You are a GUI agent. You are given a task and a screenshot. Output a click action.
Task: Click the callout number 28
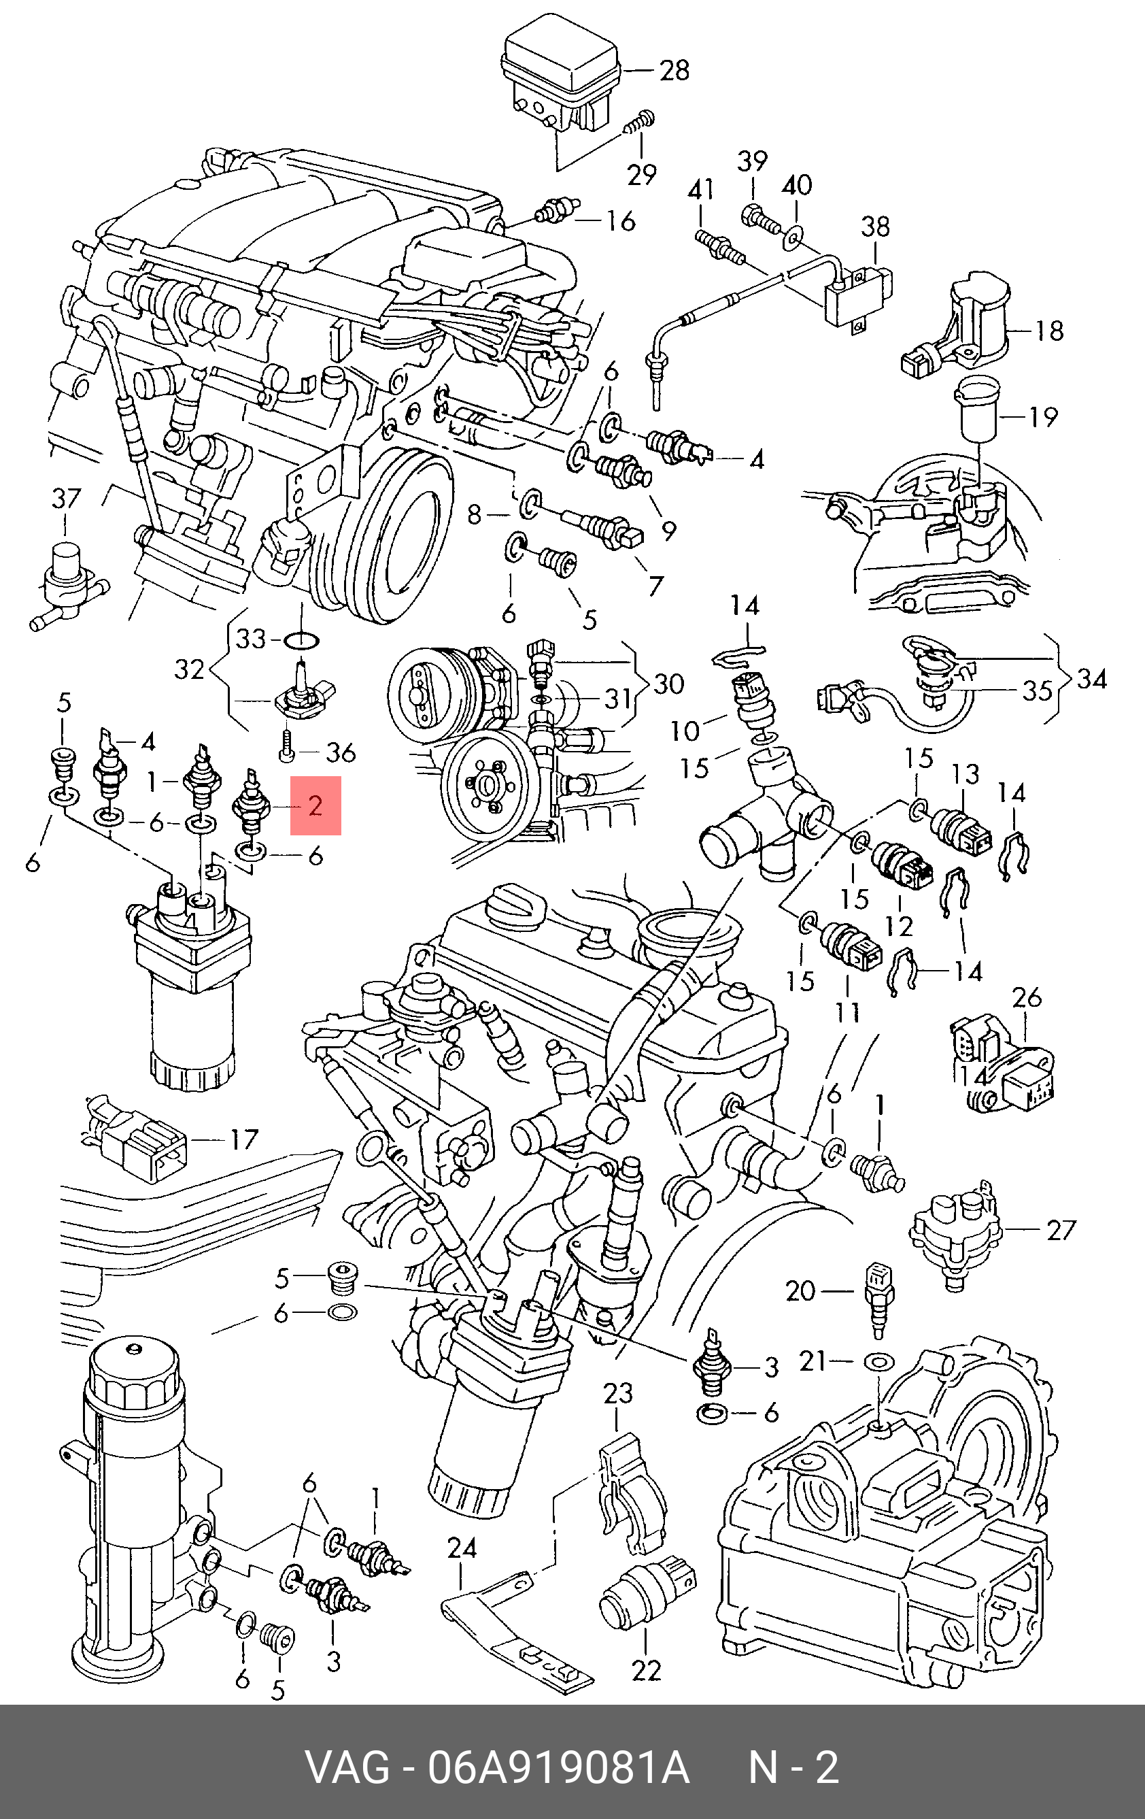click(674, 70)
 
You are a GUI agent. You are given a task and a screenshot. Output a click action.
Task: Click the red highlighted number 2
click(315, 805)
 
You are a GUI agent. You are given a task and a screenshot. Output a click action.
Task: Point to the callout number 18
click(1048, 330)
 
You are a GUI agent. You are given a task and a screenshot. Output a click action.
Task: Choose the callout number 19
click(1043, 416)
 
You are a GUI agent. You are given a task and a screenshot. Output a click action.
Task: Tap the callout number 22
click(646, 1669)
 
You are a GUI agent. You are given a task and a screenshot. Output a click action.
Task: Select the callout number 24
click(462, 1548)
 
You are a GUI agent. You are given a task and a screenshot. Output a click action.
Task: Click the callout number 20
click(800, 1290)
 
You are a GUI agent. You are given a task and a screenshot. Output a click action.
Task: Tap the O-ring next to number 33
click(301, 641)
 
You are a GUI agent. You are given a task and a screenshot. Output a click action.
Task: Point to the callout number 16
click(620, 221)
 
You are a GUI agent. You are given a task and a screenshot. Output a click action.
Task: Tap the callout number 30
click(668, 684)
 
